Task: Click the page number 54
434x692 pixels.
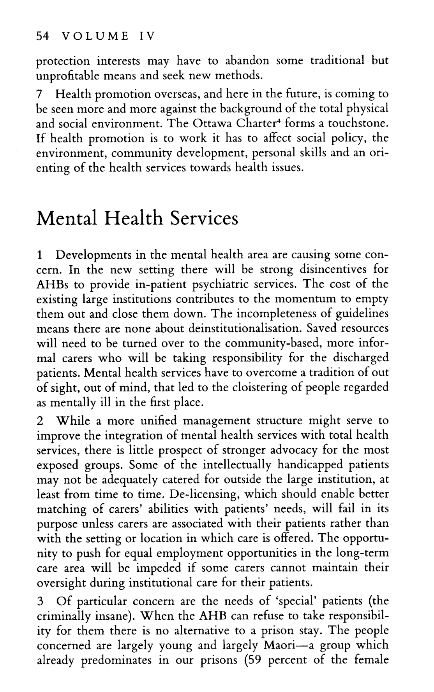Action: click(x=42, y=36)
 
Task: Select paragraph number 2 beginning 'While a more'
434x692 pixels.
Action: click(x=39, y=421)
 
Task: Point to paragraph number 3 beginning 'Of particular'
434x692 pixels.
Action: click(x=39, y=601)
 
